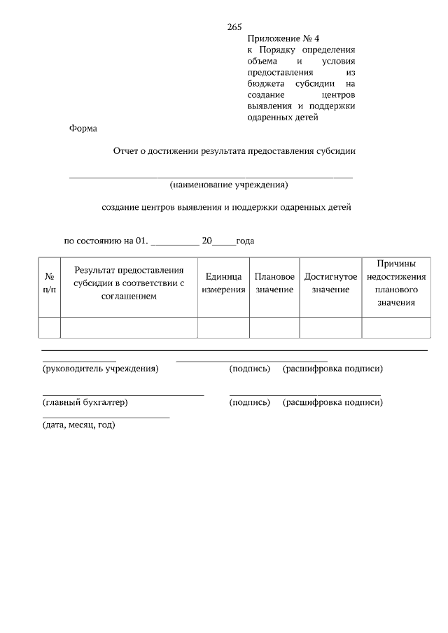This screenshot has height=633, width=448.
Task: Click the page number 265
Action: pos(234,27)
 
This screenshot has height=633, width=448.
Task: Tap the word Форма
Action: pos(83,128)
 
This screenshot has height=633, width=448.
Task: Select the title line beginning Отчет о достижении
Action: pos(235,150)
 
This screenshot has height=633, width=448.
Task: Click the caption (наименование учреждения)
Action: pos(228,185)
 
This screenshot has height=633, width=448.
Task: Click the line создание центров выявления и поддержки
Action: pos(225,208)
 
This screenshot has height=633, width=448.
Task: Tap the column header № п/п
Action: pos(50,283)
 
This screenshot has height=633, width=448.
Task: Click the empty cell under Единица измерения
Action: pos(223,327)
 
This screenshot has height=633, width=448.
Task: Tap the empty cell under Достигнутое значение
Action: pos(330,327)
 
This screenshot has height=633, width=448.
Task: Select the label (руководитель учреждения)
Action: pos(100,369)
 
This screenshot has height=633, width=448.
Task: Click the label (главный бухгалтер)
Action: pos(85,402)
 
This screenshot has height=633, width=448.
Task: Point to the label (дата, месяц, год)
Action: pos(78,425)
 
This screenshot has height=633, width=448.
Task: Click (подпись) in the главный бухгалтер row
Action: pos(250,402)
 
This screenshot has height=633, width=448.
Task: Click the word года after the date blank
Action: pos(245,241)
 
